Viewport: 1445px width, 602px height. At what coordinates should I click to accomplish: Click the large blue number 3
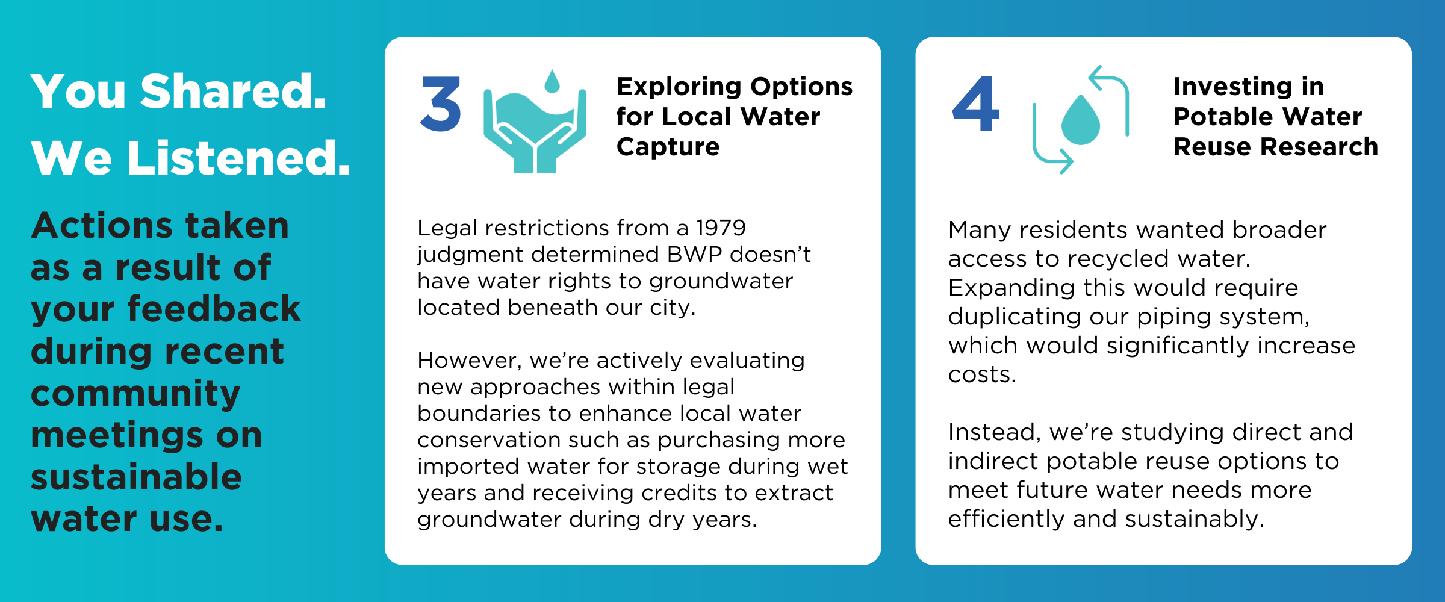point(441,104)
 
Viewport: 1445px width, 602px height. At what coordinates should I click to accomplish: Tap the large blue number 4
point(975,104)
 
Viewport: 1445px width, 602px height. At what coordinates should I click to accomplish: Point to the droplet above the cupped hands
point(552,81)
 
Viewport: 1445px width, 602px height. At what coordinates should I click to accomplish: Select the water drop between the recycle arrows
point(1081,120)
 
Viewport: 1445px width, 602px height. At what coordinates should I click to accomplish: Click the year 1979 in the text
point(721,228)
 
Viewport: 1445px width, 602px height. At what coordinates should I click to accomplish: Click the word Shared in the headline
point(233,92)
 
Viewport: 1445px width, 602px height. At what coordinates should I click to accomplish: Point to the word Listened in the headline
point(238,158)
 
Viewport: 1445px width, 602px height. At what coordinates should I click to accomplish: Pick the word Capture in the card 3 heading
point(668,147)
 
